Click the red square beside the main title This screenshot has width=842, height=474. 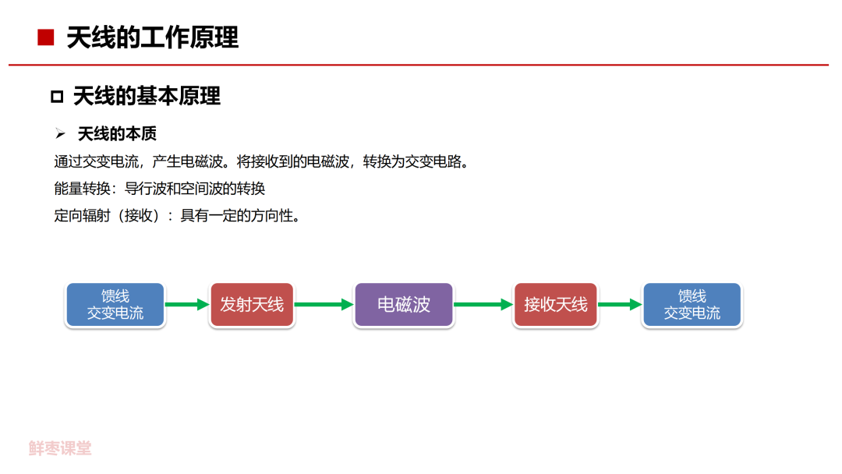click(x=45, y=37)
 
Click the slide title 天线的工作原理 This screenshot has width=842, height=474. click(x=152, y=37)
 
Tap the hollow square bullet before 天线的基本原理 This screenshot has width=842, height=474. click(x=56, y=97)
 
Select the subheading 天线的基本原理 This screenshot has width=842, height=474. click(x=147, y=96)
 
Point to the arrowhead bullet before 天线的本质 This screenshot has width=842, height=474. click(x=60, y=134)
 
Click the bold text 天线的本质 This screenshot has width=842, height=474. click(x=117, y=134)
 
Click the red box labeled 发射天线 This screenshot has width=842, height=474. click(x=252, y=305)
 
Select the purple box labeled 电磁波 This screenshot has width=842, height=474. click(x=404, y=305)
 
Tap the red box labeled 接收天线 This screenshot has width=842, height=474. click(x=555, y=305)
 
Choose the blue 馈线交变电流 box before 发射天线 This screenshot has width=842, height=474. click(x=115, y=305)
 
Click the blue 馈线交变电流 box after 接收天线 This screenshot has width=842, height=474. click(x=692, y=305)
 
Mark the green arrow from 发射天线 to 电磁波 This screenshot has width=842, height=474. click(x=324, y=305)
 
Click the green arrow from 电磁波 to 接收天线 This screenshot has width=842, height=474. click(x=483, y=305)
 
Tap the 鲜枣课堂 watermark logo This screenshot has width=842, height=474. click(x=60, y=448)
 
